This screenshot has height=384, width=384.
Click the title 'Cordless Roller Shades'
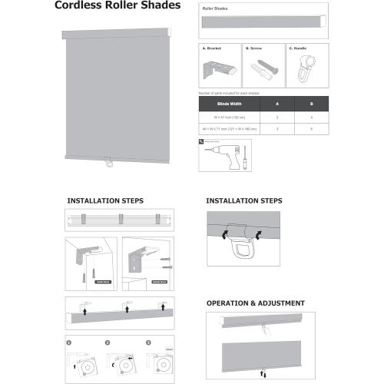click(118, 6)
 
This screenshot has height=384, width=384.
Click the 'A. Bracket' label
click(211, 48)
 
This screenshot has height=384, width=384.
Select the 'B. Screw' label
click(253, 48)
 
